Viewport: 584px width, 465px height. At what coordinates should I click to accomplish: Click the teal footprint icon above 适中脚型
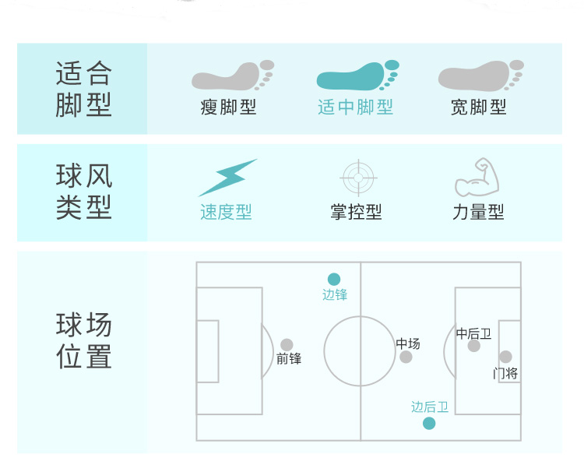[357, 76]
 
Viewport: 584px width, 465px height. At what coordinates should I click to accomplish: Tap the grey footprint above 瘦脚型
[232, 76]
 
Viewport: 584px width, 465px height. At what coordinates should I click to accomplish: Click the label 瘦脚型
[228, 107]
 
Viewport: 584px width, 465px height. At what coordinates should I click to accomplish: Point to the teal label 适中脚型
[355, 107]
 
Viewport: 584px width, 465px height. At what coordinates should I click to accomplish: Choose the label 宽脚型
[479, 107]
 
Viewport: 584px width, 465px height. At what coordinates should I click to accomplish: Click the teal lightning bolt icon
[227, 178]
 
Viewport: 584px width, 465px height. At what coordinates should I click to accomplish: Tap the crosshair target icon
[358, 178]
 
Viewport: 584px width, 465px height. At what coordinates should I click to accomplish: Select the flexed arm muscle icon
[477, 177]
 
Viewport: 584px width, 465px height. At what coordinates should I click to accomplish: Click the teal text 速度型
[226, 212]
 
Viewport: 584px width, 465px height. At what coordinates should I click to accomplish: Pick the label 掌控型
[356, 212]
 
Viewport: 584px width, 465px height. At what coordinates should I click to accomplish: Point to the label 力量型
[478, 212]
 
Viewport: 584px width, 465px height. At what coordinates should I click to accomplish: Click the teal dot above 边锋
[334, 279]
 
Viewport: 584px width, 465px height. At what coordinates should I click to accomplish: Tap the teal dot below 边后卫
[429, 423]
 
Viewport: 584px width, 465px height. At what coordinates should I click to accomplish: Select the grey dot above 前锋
[287, 344]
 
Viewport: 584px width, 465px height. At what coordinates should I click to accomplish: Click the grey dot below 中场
[406, 357]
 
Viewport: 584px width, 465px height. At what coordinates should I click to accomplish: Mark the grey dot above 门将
[505, 357]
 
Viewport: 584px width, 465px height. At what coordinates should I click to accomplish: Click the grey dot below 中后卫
[473, 346]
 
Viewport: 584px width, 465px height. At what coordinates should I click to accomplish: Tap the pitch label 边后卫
[430, 407]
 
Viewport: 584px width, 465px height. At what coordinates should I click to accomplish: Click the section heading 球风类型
[84, 192]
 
